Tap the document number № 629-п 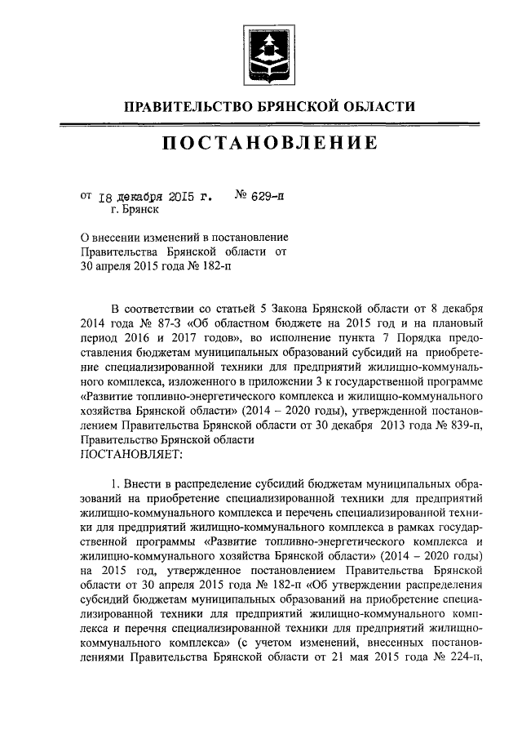click(259, 196)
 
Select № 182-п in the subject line click(212, 265)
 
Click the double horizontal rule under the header click(261, 123)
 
